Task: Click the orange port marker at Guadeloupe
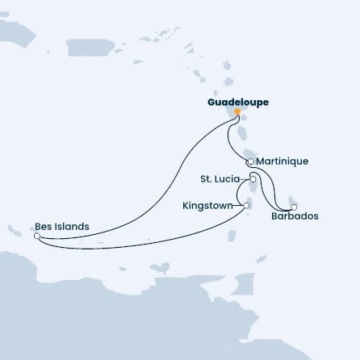(237, 112)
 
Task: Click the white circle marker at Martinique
(240, 161)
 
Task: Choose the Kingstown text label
(211, 206)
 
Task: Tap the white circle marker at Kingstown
(246, 206)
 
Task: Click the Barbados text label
(295, 216)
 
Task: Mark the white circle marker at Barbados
(294, 206)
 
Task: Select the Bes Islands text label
(61, 227)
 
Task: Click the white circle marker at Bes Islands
(36, 237)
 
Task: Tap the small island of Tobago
(261, 259)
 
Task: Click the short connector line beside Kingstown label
(237, 206)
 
